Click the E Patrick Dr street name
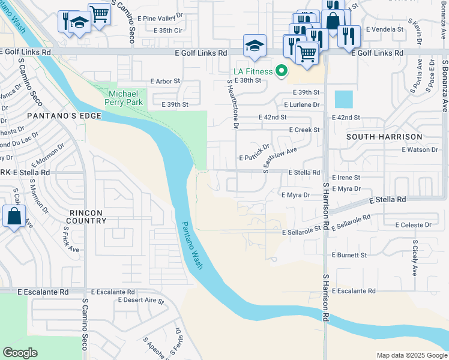point(255,153)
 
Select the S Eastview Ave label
point(280,160)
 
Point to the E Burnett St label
point(349,255)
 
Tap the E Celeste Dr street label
point(413,225)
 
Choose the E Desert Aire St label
point(141,299)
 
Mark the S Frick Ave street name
point(71,239)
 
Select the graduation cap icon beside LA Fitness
point(255,46)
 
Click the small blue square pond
point(343,99)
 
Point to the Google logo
point(20,353)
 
